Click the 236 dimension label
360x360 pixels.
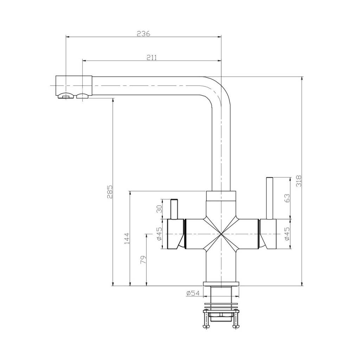[143, 33]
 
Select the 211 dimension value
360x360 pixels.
[152, 57]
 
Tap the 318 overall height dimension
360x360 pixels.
[298, 181]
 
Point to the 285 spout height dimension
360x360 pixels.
[110, 192]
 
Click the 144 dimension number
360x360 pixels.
[127, 239]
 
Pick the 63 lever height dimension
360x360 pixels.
[287, 198]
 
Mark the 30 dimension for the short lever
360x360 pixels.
[159, 209]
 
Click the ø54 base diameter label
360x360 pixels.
[193, 293]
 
